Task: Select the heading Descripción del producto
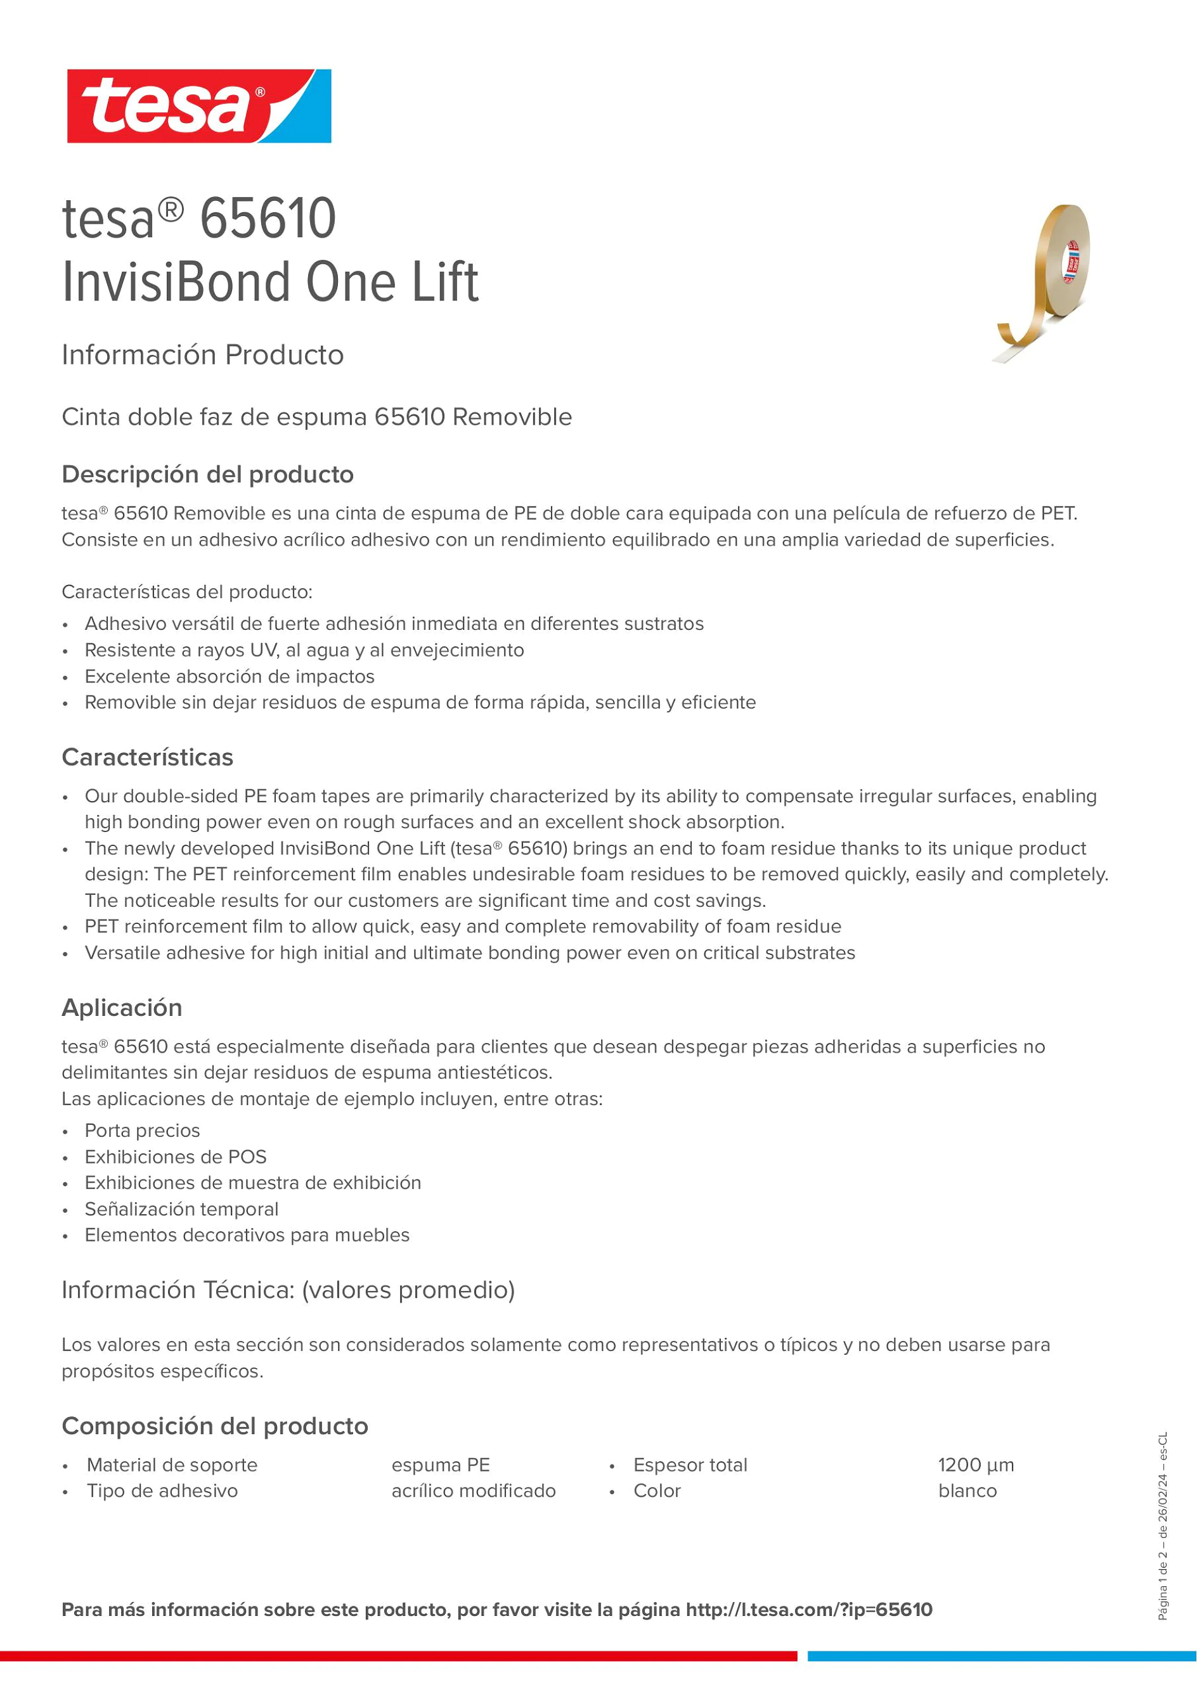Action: [x=208, y=475]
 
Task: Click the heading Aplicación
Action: [x=122, y=1008]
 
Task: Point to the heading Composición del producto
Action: [x=214, y=1426]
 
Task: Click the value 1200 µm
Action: [x=976, y=1465]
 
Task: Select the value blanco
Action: [x=967, y=1491]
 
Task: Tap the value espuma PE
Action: [x=441, y=1465]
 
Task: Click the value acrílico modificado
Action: [x=473, y=1491]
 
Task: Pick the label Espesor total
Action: [x=690, y=1465]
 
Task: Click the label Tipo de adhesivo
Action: [x=162, y=1491]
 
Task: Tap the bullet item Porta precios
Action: [x=142, y=1131]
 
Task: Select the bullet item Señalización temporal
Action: [x=181, y=1209]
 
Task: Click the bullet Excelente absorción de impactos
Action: [x=230, y=677]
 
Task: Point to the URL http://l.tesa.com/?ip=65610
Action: [x=808, y=1610]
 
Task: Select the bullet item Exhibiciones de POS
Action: [x=176, y=1157]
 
